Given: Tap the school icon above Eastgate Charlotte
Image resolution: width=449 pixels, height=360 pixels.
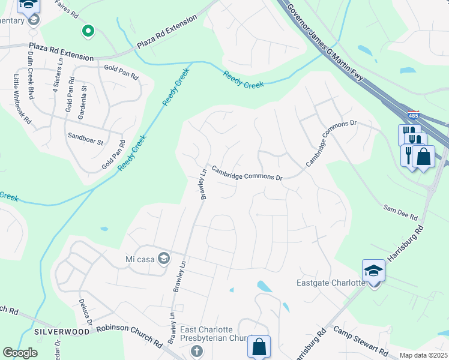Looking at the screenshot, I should tap(373, 271).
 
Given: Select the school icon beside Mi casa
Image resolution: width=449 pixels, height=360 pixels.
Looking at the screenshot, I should tap(164, 259).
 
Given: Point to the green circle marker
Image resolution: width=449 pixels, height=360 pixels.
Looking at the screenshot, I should tap(88, 30).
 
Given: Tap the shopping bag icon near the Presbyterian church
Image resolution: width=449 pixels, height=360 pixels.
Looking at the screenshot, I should tap(259, 346).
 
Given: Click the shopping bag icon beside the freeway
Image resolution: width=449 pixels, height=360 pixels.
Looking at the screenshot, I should tap(423, 157).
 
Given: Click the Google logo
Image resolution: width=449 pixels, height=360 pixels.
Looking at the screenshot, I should tap(20, 353).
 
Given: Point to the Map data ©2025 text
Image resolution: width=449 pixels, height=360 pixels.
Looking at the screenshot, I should tap(423, 355).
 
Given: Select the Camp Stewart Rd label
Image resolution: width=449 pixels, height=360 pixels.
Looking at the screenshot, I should tap(360, 340).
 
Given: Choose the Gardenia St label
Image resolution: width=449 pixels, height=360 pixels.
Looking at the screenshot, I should tap(84, 95).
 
